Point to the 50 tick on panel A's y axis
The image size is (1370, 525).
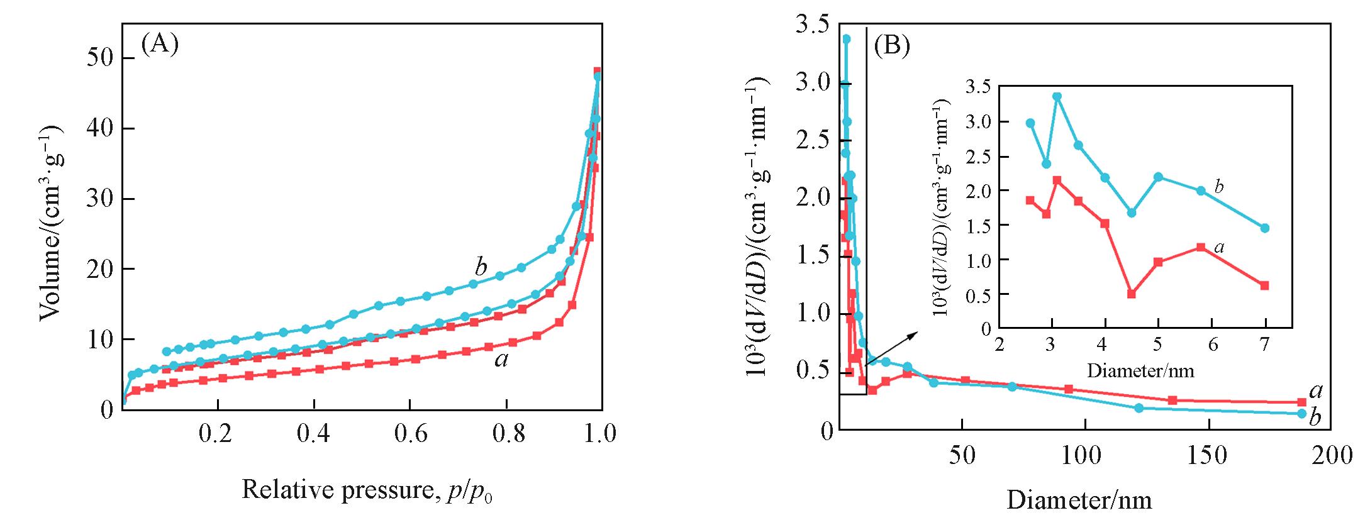point(100,58)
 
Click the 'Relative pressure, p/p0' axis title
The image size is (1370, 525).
point(367,490)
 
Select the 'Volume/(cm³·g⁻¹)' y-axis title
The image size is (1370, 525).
point(52,223)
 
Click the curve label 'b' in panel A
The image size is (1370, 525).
point(481,267)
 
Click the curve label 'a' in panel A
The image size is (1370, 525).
point(501,360)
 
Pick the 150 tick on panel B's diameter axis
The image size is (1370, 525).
point(1206,455)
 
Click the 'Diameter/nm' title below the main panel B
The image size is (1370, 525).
point(1079,500)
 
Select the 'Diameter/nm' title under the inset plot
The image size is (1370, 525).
point(1140,370)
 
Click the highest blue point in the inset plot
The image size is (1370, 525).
point(1057,96)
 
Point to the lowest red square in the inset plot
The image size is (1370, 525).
point(1132,294)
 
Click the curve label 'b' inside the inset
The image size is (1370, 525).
point(1219,186)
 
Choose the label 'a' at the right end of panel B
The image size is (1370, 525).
point(1316,391)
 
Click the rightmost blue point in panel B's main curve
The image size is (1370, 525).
point(1302,413)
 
